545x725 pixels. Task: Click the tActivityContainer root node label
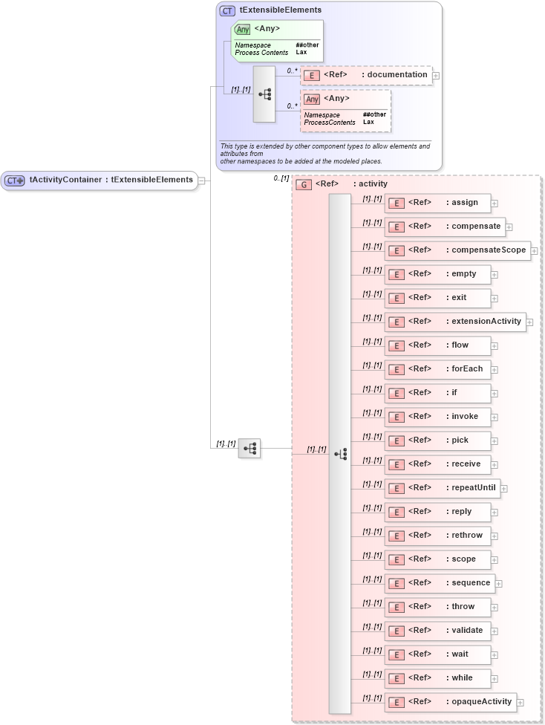click(111, 180)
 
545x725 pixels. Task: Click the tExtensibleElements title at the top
click(281, 10)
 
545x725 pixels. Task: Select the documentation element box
click(365, 75)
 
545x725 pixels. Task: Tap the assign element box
click(437, 203)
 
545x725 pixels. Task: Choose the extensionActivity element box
click(454, 322)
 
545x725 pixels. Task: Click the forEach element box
click(437, 369)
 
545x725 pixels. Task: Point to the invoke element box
click(437, 417)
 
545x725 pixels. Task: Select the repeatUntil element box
click(442, 488)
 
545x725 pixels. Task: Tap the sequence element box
click(439, 583)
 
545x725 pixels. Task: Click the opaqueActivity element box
click(450, 702)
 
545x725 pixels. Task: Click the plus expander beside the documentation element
click(436, 75)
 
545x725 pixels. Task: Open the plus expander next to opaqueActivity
click(520, 703)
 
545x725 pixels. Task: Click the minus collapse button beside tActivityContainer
click(201, 180)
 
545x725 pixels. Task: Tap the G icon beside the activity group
click(303, 184)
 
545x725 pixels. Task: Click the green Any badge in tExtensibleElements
click(243, 30)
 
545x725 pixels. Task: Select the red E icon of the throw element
click(396, 607)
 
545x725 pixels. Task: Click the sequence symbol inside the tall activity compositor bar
click(340, 454)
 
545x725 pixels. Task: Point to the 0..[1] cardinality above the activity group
click(281, 178)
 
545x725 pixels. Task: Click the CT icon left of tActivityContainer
click(15, 181)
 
